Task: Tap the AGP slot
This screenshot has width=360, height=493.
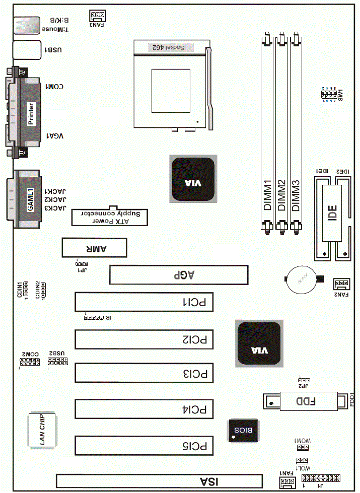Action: coord(179,275)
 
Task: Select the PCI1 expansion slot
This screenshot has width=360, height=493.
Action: coord(144,302)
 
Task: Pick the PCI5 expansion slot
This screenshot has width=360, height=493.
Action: coord(144,446)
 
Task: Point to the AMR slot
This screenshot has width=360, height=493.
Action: coord(94,247)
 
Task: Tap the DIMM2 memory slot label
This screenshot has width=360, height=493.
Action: coord(281,195)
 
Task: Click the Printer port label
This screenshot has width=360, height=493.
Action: coord(31,114)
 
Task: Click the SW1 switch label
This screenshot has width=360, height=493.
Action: coord(340,94)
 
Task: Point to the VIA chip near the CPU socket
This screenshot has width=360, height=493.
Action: coord(193,179)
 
